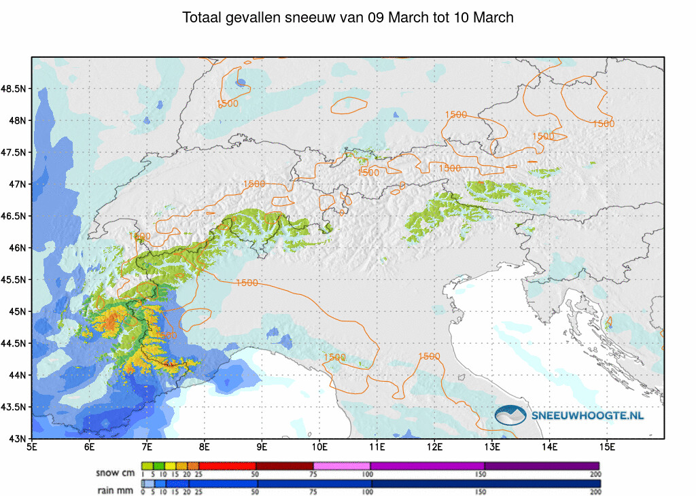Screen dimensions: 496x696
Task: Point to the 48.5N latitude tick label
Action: point(14,89)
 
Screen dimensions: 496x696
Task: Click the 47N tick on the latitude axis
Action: point(18,184)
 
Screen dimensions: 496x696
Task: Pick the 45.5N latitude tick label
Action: point(14,280)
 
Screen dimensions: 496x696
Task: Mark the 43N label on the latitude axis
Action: point(18,439)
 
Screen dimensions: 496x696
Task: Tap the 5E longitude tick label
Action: point(32,447)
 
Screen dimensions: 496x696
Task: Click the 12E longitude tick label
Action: point(435,447)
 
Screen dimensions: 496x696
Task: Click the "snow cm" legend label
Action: point(115,472)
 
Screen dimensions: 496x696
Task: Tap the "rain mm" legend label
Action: point(115,490)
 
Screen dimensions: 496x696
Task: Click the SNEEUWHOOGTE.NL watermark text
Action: point(587,415)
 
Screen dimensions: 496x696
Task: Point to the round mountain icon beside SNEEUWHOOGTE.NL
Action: point(511,415)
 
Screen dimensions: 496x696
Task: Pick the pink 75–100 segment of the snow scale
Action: point(341,465)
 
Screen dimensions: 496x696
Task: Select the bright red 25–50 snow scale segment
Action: point(227,465)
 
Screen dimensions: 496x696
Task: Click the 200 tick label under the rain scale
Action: point(595,491)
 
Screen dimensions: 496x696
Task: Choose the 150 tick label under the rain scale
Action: point(483,491)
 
